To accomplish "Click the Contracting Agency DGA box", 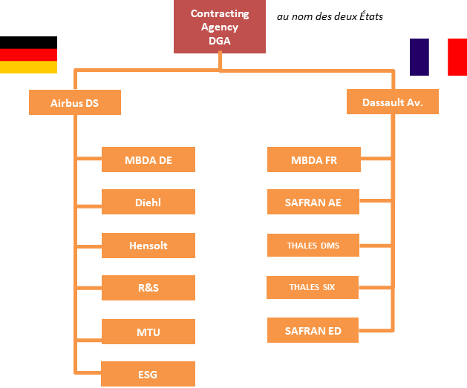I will tap(220, 27).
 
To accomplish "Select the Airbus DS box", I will tap(74, 102).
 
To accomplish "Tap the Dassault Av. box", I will tap(392, 102).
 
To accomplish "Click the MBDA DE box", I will tap(148, 160).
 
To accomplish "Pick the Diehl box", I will tap(148, 202).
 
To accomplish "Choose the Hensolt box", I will tap(148, 246).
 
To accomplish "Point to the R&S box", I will tap(148, 288).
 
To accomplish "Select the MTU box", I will tap(148, 332).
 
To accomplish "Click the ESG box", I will tap(148, 374).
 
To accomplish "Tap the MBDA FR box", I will tap(313, 160).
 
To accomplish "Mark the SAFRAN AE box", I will tap(313, 202).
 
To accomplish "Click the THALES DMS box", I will tap(313, 246).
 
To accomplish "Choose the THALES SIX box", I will tap(313, 287).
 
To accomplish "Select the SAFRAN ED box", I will tap(313, 331).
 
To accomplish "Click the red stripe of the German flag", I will tap(28, 55).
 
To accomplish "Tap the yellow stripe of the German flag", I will tap(28, 68).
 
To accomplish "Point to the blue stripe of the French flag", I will tap(419, 57).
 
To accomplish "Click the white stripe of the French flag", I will tap(438, 57).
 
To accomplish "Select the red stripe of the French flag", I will tap(457, 57).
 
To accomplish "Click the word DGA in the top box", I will tap(220, 41).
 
